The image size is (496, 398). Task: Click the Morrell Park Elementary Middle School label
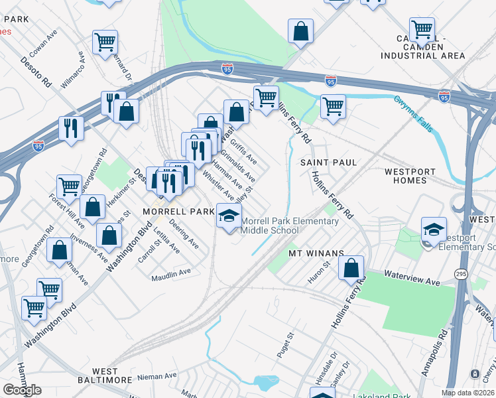pyautogui.click(x=289, y=226)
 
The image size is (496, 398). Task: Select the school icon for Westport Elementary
pyautogui.click(x=434, y=230)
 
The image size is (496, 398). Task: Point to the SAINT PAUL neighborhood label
pyautogui.click(x=328, y=163)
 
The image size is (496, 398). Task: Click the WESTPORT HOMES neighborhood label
pyautogui.click(x=414, y=176)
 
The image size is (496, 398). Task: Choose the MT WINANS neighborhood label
pyautogui.click(x=315, y=253)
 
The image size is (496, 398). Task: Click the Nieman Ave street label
pyautogui.click(x=157, y=376)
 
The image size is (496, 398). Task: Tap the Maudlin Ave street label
pyautogui.click(x=170, y=271)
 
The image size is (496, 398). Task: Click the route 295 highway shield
pyautogui.click(x=461, y=273)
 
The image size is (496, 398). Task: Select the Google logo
pyautogui.click(x=22, y=390)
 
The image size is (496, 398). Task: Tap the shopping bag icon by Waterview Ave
pyautogui.click(x=351, y=268)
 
